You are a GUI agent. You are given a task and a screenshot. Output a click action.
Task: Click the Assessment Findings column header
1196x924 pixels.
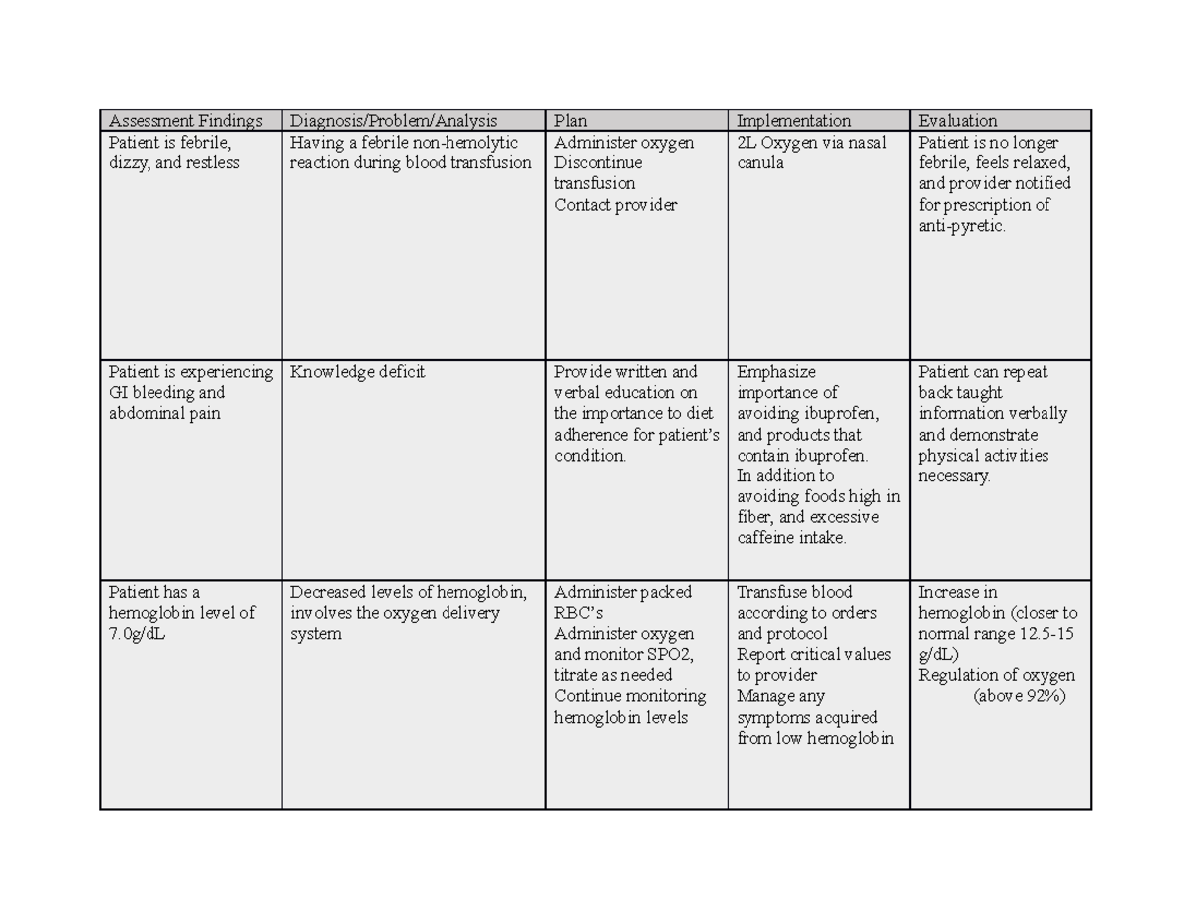(185, 121)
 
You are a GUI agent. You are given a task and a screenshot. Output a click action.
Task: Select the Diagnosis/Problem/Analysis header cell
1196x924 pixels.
(393, 121)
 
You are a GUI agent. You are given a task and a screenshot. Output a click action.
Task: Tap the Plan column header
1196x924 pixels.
(571, 121)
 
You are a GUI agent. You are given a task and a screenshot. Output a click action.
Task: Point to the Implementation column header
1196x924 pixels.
(793, 121)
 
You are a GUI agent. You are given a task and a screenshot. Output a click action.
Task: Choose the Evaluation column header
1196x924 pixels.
(957, 121)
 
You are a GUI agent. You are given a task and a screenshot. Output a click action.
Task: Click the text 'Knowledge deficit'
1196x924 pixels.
(357, 372)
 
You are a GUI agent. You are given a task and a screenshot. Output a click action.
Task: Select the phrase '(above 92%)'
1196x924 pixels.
(1019, 696)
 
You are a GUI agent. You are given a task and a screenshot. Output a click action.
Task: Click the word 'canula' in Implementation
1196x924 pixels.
(759, 163)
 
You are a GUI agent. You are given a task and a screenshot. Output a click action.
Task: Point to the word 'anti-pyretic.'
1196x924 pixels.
(962, 226)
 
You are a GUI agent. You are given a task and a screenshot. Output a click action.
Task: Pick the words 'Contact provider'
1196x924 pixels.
(615, 205)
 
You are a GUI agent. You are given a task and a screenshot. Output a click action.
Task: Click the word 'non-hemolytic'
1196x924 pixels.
(469, 143)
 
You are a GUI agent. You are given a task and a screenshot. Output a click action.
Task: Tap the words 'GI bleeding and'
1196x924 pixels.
(166, 393)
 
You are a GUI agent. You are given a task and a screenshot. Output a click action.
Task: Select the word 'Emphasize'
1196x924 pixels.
(776, 372)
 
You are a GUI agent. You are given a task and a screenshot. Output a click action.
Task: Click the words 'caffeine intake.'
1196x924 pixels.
(791, 538)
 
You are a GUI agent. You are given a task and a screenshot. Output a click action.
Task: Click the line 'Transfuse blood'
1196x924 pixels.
(794, 592)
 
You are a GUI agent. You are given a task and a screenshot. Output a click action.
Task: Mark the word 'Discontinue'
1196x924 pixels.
(598, 163)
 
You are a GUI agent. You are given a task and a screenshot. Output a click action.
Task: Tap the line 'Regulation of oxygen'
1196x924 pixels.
(996, 676)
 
